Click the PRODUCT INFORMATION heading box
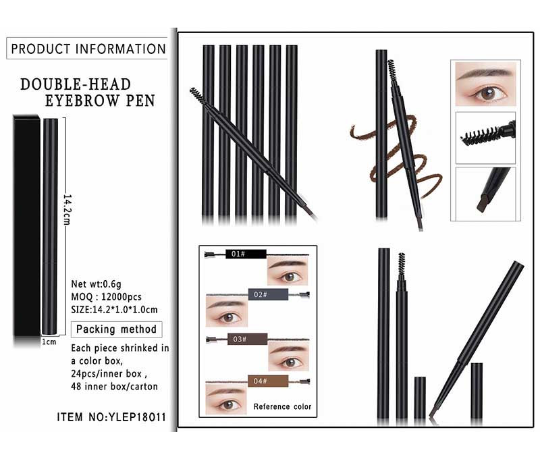coord(87,49)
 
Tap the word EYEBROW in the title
coord(82,101)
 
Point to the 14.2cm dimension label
coord(67,209)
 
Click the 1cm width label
coord(49,342)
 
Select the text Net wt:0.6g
coord(96,284)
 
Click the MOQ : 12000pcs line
coord(106,297)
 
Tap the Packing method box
coord(116,329)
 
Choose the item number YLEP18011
coord(138,417)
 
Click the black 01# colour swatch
coord(246,254)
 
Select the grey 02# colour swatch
coord(268,294)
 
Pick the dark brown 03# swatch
coord(247,339)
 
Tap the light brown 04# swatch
coord(268,381)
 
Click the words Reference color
coord(282,406)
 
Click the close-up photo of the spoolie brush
coord(485,138)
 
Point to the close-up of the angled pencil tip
coord(485,194)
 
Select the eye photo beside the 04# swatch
coord(226,400)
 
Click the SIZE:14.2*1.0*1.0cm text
coord(114,310)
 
